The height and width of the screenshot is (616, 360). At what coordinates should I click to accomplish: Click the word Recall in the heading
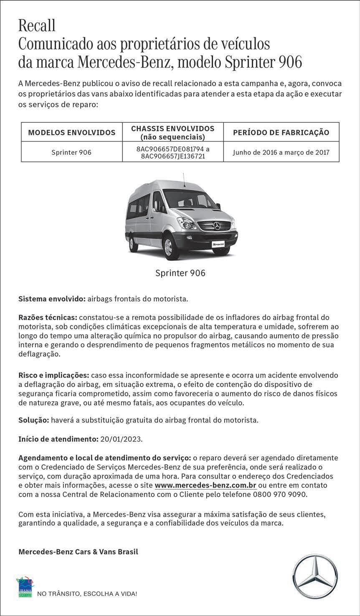[37, 26]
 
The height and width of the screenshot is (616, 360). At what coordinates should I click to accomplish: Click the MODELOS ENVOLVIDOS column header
[71, 133]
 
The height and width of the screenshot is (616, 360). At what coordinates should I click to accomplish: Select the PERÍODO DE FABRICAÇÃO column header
[281, 133]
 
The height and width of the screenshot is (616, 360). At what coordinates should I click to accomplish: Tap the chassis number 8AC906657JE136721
[172, 157]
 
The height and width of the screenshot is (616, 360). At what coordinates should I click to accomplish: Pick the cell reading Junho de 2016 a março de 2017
[281, 152]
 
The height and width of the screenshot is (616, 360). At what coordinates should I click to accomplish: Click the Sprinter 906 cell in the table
[71, 152]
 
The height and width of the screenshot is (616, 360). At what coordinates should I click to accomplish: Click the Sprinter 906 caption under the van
[180, 273]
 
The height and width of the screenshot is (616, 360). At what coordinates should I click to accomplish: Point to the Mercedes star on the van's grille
[216, 226]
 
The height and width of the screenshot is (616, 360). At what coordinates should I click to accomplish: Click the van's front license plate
[218, 244]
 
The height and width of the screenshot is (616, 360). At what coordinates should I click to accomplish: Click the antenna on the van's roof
[183, 179]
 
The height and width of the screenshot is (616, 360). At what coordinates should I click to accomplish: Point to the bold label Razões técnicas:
[48, 318]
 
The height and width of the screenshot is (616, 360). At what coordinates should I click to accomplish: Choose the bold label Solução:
[33, 420]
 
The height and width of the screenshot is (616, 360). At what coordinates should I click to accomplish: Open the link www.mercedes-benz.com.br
[205, 485]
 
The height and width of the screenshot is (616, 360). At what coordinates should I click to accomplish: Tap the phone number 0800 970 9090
[279, 495]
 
